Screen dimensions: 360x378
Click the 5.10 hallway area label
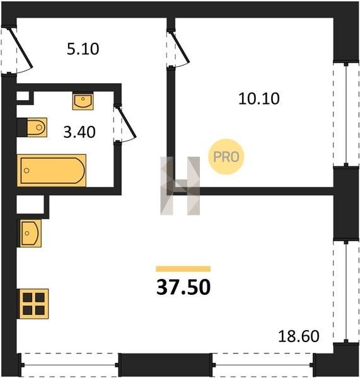coord(83,49)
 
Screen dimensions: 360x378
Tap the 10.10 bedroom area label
coord(259,99)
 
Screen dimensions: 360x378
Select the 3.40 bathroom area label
coord(79,132)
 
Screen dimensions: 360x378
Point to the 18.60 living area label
coord(299,336)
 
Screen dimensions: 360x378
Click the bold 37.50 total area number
coord(183,287)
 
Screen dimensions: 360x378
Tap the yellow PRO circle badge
coord(226,157)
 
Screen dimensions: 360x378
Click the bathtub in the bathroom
coord(52,171)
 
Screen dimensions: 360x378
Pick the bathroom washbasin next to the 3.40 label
coord(83,101)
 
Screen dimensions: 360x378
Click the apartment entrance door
coord(17,50)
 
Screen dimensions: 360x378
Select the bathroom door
coord(125,124)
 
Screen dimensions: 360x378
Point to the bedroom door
coord(178,49)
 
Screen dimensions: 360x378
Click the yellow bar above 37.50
coord(183,269)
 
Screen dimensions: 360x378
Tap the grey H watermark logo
coord(180,186)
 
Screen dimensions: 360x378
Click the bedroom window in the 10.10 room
coord(346,115)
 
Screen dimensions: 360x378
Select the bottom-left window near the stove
coord(69,365)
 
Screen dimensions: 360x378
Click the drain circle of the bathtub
coord(26,171)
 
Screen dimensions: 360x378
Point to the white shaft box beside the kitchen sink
coord(30,204)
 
